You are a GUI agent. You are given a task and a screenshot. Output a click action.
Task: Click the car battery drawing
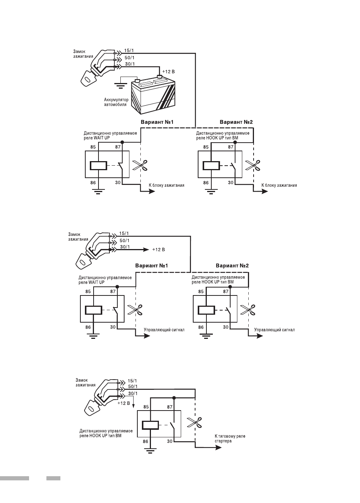[x=153, y=96]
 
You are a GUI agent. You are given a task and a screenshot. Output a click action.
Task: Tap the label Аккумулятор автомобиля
[x=116, y=102]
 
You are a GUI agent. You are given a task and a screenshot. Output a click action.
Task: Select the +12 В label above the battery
[x=168, y=72]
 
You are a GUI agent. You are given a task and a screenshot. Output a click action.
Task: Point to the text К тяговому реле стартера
[x=230, y=438]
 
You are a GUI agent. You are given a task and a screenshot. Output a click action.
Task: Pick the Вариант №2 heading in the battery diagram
[x=236, y=122]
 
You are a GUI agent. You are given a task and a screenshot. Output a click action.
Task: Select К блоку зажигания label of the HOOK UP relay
[x=279, y=185]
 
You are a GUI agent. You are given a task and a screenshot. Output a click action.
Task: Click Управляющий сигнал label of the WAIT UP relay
[x=164, y=330]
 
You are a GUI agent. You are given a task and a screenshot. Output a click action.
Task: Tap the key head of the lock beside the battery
[x=88, y=78]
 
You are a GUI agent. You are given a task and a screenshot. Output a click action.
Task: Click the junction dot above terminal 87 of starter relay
[x=174, y=398]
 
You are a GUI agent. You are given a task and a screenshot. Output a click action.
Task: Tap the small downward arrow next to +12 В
[x=134, y=404]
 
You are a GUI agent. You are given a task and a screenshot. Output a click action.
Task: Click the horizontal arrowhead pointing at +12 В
[x=146, y=250]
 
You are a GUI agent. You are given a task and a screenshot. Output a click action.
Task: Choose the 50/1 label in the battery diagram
[x=129, y=57]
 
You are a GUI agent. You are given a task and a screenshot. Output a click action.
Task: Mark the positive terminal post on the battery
[x=160, y=77]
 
